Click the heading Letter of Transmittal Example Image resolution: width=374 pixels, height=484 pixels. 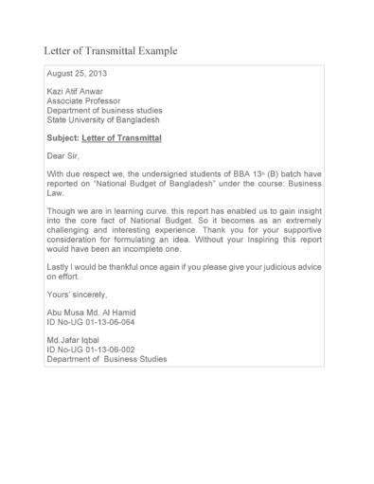click(x=111, y=49)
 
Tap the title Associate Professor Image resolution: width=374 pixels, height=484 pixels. click(x=82, y=101)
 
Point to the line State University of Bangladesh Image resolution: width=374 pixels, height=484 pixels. click(x=103, y=120)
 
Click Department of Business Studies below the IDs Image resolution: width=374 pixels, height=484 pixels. click(x=106, y=361)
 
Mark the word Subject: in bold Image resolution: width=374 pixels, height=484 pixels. click(x=62, y=138)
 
